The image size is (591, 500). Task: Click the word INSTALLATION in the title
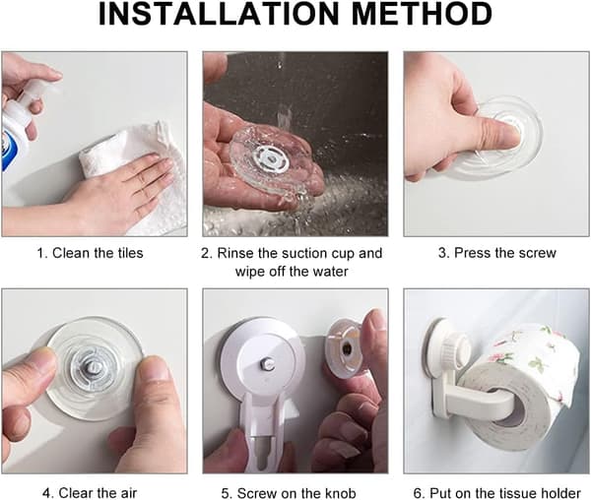pyautogui.click(x=220, y=14)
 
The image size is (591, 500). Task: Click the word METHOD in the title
pyautogui.click(x=422, y=14)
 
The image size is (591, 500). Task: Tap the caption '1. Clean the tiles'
pyautogui.click(x=90, y=253)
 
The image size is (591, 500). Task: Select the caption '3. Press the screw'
pyautogui.click(x=497, y=253)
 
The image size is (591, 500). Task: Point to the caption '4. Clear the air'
pyautogui.click(x=90, y=492)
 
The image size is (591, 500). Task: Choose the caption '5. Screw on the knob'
pyautogui.click(x=289, y=493)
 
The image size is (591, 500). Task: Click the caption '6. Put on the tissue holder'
pyautogui.click(x=497, y=493)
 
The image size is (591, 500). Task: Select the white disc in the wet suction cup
pyautogui.click(x=271, y=161)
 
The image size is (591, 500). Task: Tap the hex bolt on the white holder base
pyautogui.click(x=265, y=363)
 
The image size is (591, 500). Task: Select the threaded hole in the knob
pyautogui.click(x=346, y=348)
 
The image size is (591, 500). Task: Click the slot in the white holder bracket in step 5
pyautogui.click(x=264, y=452)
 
